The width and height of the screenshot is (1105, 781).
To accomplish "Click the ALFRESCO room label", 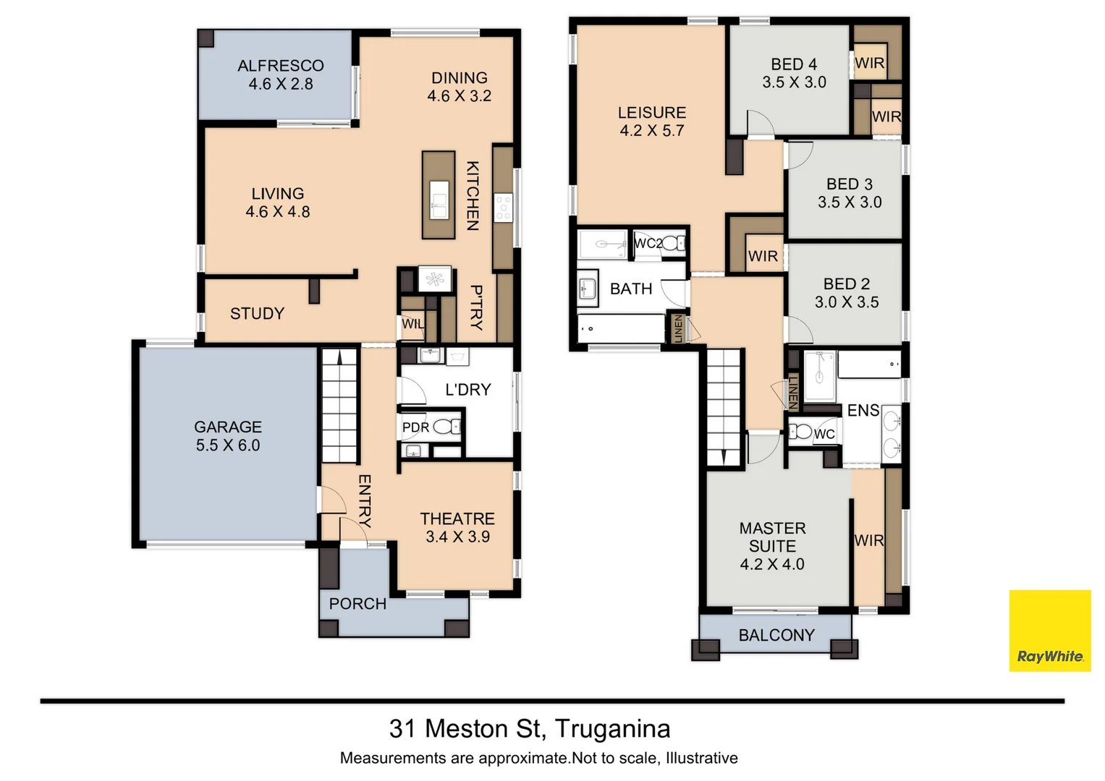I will [281, 66].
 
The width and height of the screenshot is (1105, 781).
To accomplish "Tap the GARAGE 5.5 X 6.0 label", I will [228, 436].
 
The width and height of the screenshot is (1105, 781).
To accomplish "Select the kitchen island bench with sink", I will [439, 195].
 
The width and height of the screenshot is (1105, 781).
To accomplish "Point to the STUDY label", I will [257, 314].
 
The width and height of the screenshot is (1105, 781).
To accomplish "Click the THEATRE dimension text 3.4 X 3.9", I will [457, 537].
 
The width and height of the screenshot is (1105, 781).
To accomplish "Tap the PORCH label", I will [357, 604].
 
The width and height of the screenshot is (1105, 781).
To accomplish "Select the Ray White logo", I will [1049, 631].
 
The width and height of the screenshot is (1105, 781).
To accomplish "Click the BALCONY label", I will [776, 636].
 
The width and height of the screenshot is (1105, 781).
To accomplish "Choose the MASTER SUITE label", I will [772, 537].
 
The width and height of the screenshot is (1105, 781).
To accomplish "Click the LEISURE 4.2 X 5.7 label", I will [652, 121].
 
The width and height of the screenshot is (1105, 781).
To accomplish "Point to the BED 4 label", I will [794, 64].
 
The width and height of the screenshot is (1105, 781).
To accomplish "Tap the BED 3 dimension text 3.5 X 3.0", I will [850, 202].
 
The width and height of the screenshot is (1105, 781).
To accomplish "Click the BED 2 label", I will [847, 284].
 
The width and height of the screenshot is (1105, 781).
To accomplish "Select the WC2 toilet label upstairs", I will [648, 244].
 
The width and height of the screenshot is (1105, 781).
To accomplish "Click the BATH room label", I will [631, 289].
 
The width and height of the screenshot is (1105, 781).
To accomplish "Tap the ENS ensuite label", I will [863, 411].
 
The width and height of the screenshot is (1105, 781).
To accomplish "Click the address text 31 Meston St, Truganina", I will [530, 728].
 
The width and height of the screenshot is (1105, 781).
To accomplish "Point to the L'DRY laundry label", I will [468, 390].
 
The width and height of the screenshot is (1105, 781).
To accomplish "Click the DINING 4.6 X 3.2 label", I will [460, 87].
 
